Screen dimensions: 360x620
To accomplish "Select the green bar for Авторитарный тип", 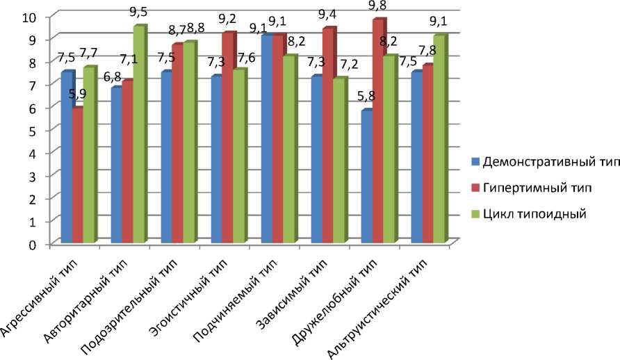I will click(139, 135).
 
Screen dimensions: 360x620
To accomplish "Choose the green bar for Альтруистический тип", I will click(439, 139).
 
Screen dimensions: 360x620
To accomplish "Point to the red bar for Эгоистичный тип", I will click(228, 138).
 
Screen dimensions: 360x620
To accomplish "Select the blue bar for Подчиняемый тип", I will click(266, 139).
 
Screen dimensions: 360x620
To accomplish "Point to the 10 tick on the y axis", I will click(34, 16).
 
